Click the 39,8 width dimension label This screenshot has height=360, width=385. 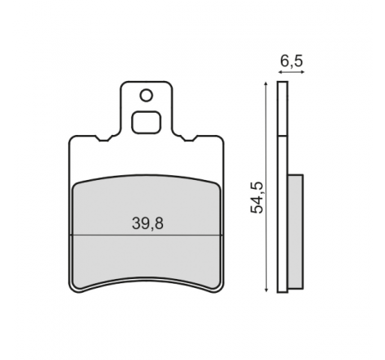pos(147,223)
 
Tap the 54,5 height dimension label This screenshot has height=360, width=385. pos(257,197)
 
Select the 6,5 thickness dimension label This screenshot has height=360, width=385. pos(292,61)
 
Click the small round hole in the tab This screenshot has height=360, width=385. pos(146,96)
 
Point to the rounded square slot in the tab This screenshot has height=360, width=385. pos(146,122)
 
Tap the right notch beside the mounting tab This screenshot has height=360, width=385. pos(188,138)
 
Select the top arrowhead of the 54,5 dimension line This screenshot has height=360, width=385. pos(266,83)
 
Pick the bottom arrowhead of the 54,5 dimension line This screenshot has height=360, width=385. pos(266,290)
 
